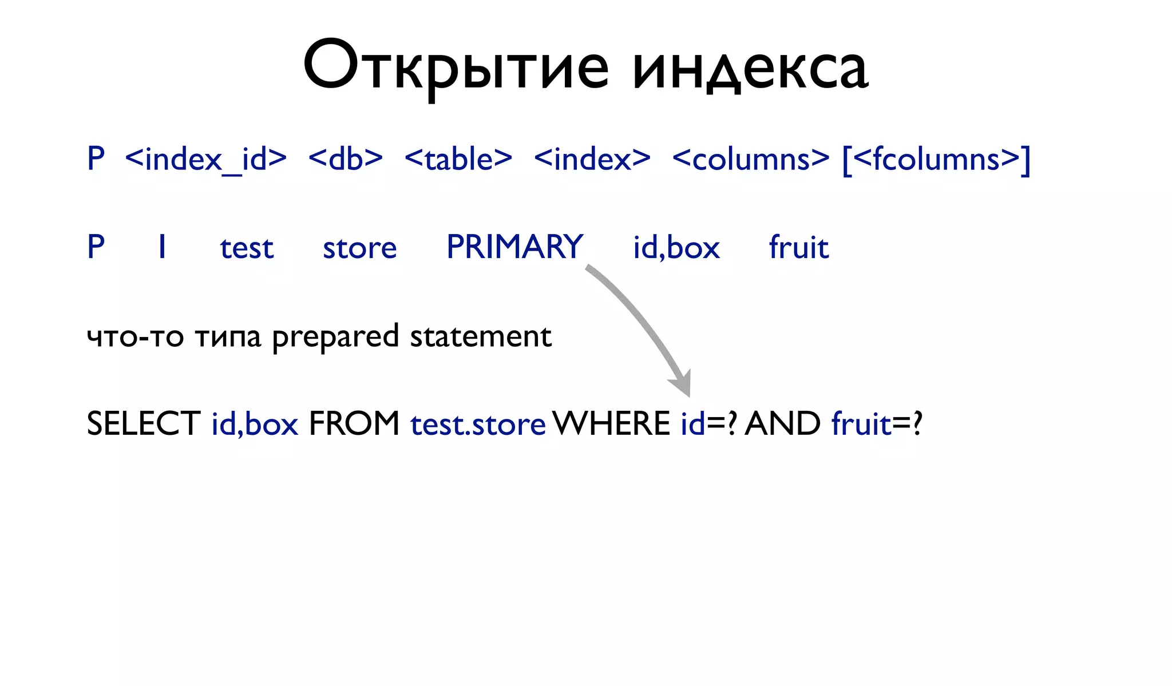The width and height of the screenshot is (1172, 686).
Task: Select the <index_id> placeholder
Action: [205, 159]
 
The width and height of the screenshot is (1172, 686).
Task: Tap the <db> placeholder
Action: [346, 159]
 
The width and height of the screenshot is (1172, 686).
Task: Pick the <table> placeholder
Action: [458, 159]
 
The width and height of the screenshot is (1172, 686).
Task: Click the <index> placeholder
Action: [592, 159]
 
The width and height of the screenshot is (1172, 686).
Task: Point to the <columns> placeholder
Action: [750, 159]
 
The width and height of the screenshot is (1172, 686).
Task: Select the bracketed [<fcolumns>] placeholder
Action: [936, 159]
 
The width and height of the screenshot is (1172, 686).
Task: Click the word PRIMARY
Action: [514, 247]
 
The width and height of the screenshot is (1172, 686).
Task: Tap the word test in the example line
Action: [247, 248]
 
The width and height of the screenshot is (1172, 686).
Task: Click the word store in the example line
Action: [359, 248]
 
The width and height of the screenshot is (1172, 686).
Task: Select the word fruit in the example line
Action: [798, 247]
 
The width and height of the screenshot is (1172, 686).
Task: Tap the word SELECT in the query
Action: [143, 424]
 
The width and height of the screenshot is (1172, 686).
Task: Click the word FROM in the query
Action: [354, 424]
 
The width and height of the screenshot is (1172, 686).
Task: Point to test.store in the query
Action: [478, 425]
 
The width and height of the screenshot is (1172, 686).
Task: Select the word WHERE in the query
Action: [611, 424]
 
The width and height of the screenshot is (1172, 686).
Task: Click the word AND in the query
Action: [782, 424]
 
